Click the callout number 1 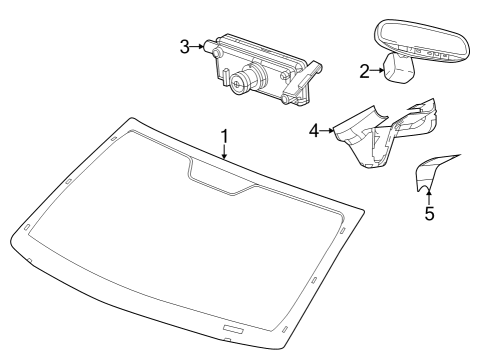click(225, 135)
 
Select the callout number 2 click(364, 70)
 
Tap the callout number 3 click(184, 47)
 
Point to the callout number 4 click(315, 131)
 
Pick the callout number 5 click(429, 213)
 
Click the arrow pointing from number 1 click(225, 152)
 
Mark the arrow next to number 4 click(327, 131)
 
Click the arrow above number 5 click(429, 193)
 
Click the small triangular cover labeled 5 click(432, 172)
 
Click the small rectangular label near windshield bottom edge click(233, 329)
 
